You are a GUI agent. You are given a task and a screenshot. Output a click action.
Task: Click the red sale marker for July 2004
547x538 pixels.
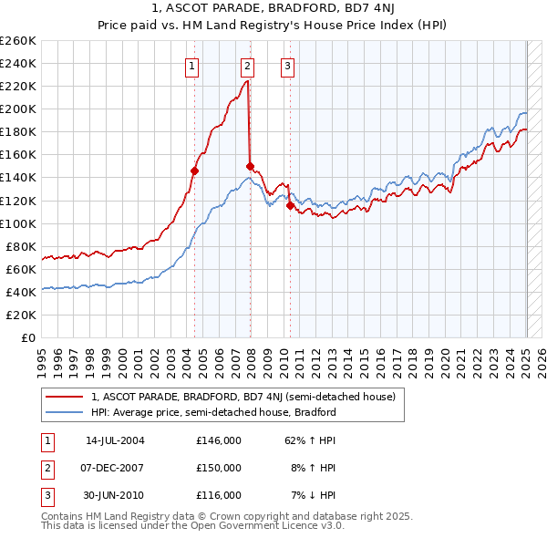[194, 170]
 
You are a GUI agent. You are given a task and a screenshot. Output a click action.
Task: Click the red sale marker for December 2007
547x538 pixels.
[249, 166]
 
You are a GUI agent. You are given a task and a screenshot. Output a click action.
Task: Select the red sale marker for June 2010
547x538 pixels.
[290, 205]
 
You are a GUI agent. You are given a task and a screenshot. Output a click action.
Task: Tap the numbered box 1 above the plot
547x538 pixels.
[192, 65]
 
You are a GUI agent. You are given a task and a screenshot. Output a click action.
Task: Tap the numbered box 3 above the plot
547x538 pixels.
[287, 65]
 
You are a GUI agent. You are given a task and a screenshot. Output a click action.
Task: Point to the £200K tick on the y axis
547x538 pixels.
[18, 109]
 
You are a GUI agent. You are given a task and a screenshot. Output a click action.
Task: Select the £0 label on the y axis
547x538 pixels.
[29, 338]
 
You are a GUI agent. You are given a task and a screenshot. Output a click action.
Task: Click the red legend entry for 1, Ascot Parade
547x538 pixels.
[243, 397]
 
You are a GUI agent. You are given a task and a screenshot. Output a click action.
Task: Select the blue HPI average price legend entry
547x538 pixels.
[213, 412]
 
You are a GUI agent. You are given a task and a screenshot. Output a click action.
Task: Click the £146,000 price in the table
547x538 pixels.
[219, 440]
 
